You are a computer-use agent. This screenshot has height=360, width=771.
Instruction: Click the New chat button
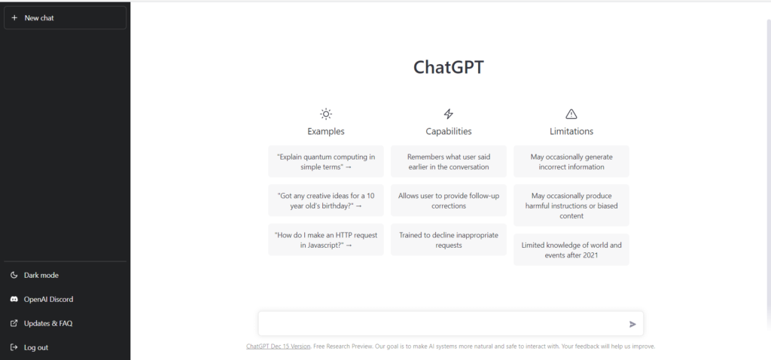tap(65, 18)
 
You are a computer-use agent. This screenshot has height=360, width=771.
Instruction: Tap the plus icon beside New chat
tap(14, 18)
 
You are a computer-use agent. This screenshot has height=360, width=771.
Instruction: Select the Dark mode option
tap(41, 276)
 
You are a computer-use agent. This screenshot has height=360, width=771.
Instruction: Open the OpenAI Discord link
tap(48, 300)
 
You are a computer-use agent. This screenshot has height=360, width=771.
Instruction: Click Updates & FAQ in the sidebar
tap(48, 324)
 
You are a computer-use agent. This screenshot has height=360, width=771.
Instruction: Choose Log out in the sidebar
tap(36, 348)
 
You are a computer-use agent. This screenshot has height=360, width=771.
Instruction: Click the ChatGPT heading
tap(449, 67)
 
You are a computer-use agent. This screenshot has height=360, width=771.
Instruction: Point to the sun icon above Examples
tap(326, 114)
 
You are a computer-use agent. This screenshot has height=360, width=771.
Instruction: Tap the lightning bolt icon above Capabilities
tap(449, 114)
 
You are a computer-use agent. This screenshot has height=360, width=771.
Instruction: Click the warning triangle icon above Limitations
tap(571, 114)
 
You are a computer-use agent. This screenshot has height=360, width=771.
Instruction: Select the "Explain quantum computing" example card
tap(326, 161)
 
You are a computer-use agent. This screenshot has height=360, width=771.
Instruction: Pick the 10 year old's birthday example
tap(326, 200)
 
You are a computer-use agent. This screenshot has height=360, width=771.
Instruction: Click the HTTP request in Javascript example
tap(326, 239)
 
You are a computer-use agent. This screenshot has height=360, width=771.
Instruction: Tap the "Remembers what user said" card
tap(449, 161)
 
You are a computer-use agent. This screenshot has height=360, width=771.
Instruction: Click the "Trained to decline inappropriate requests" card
tap(449, 239)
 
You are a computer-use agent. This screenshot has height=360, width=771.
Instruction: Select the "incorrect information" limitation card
tap(571, 161)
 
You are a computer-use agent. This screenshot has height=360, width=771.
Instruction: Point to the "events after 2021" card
tap(571, 249)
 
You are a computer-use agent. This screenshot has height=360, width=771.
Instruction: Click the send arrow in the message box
tap(632, 324)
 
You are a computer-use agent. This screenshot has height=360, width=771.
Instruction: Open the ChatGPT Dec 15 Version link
tap(279, 346)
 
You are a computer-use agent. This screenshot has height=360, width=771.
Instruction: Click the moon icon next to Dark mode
tap(14, 276)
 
